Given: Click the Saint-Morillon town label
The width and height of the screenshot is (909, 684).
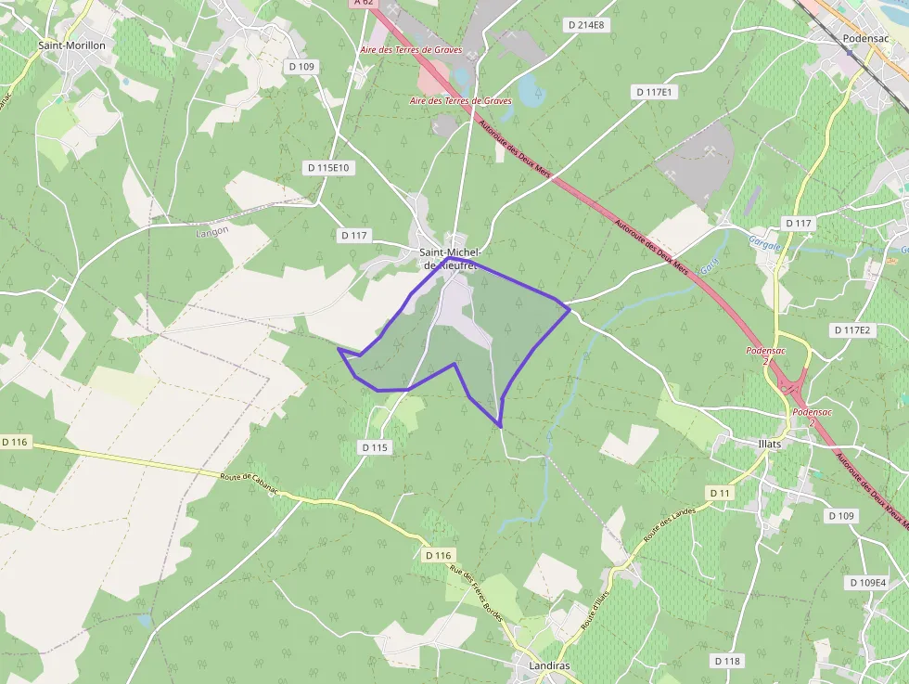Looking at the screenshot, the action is coord(72,45).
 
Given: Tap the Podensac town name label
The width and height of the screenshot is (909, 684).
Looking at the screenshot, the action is coord(865,38).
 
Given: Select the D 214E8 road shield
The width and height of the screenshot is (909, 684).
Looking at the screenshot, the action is coord(585,25).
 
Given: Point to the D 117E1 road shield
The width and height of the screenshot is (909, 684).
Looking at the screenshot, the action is coord(654,92).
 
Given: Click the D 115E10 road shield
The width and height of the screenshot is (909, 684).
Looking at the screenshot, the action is coord(329,167).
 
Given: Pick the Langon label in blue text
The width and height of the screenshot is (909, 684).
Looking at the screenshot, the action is coord(212,232).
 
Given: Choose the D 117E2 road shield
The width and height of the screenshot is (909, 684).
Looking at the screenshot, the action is coord(851,329).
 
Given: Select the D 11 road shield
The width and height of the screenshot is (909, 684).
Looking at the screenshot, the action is coord(720,492).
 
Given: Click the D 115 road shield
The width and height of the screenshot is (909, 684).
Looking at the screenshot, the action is coord(375,447).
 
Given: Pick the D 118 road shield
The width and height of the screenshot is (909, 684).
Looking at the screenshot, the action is coord(728,661).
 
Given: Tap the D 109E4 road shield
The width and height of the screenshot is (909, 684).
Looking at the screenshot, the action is coord(866,582).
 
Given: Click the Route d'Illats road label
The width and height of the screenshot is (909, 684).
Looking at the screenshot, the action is coord(595,609).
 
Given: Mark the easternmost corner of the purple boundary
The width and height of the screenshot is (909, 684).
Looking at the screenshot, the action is coord(569,309).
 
